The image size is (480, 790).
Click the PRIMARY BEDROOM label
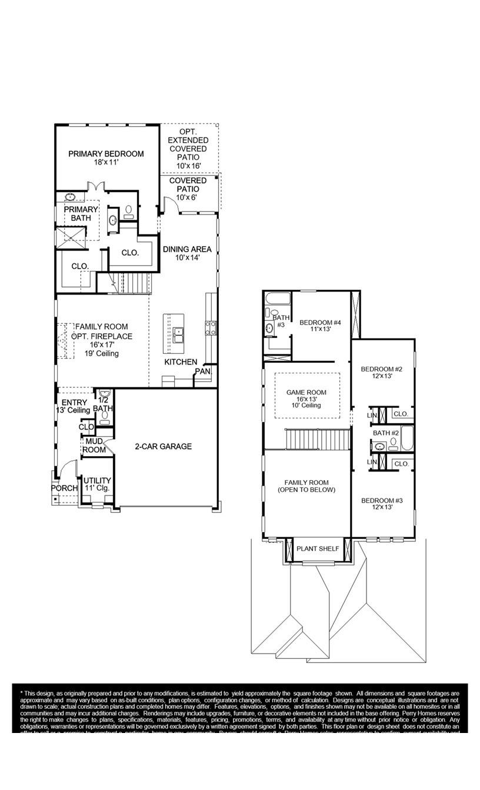[106, 154]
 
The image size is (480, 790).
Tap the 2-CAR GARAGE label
[163, 447]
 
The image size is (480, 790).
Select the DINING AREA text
[187, 249]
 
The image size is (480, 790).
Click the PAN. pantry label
[202, 371]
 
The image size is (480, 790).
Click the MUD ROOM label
[95, 446]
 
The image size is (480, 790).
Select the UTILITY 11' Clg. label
[97, 484]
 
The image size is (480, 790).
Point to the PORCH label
[64, 488]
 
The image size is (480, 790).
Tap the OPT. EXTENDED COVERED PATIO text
[188, 149]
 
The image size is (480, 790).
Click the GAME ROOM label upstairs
[306, 393]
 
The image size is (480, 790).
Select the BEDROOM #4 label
[320, 322]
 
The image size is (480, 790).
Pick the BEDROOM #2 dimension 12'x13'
[381, 376]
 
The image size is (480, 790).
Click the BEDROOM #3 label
[381, 501]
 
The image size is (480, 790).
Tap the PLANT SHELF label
[318, 549]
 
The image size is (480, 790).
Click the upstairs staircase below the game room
[318, 438]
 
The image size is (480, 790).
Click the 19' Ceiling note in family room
[102, 354]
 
